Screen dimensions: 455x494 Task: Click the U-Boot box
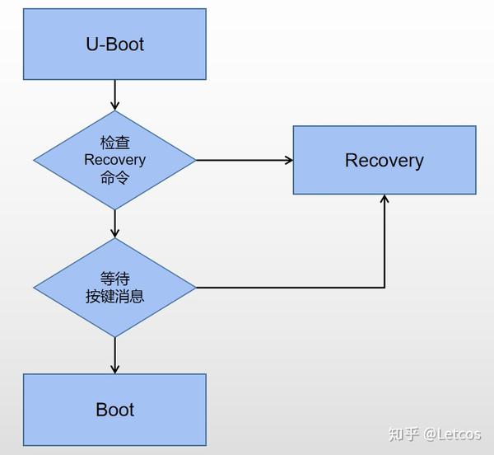point(114,44)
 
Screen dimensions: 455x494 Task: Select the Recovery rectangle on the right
point(384,160)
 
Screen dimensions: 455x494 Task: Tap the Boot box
point(114,409)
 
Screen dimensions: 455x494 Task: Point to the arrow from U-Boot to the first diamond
point(114,94)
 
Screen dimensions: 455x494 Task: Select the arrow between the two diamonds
point(114,223)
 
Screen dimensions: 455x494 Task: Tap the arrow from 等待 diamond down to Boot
point(114,354)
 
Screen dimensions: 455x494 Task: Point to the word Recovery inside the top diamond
point(114,160)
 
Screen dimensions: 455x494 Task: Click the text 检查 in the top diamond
point(114,143)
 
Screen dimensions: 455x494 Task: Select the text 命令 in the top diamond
point(114,176)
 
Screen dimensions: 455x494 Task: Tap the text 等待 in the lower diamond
point(114,279)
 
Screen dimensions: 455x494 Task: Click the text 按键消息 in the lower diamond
point(114,296)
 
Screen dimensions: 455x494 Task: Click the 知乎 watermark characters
point(404,433)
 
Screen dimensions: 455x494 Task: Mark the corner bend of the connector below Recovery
point(384,288)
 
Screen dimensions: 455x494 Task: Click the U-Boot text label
point(114,44)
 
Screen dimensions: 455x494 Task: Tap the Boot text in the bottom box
point(114,410)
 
